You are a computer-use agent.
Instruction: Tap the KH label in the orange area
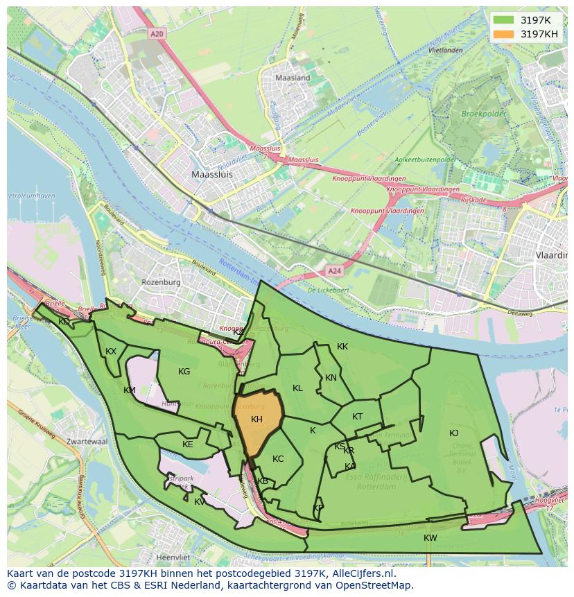pyautogui.click(x=256, y=419)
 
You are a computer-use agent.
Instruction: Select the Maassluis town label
pyautogui.click(x=212, y=175)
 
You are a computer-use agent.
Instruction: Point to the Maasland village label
pyautogui.click(x=293, y=78)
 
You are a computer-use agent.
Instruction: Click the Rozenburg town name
pyautogui.click(x=161, y=282)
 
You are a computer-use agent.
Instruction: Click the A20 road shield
pyautogui.click(x=157, y=33)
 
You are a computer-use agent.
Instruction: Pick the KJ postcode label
pyautogui.click(x=453, y=433)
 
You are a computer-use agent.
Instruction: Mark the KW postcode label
pyautogui.click(x=430, y=538)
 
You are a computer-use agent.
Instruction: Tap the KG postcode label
pyautogui.click(x=184, y=372)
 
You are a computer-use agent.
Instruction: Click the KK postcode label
pyautogui.click(x=342, y=347)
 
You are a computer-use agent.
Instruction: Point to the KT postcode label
pyautogui.click(x=357, y=417)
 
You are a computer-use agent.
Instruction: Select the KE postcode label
pyautogui.click(x=187, y=444)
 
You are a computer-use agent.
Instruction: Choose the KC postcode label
pyautogui.click(x=278, y=459)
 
